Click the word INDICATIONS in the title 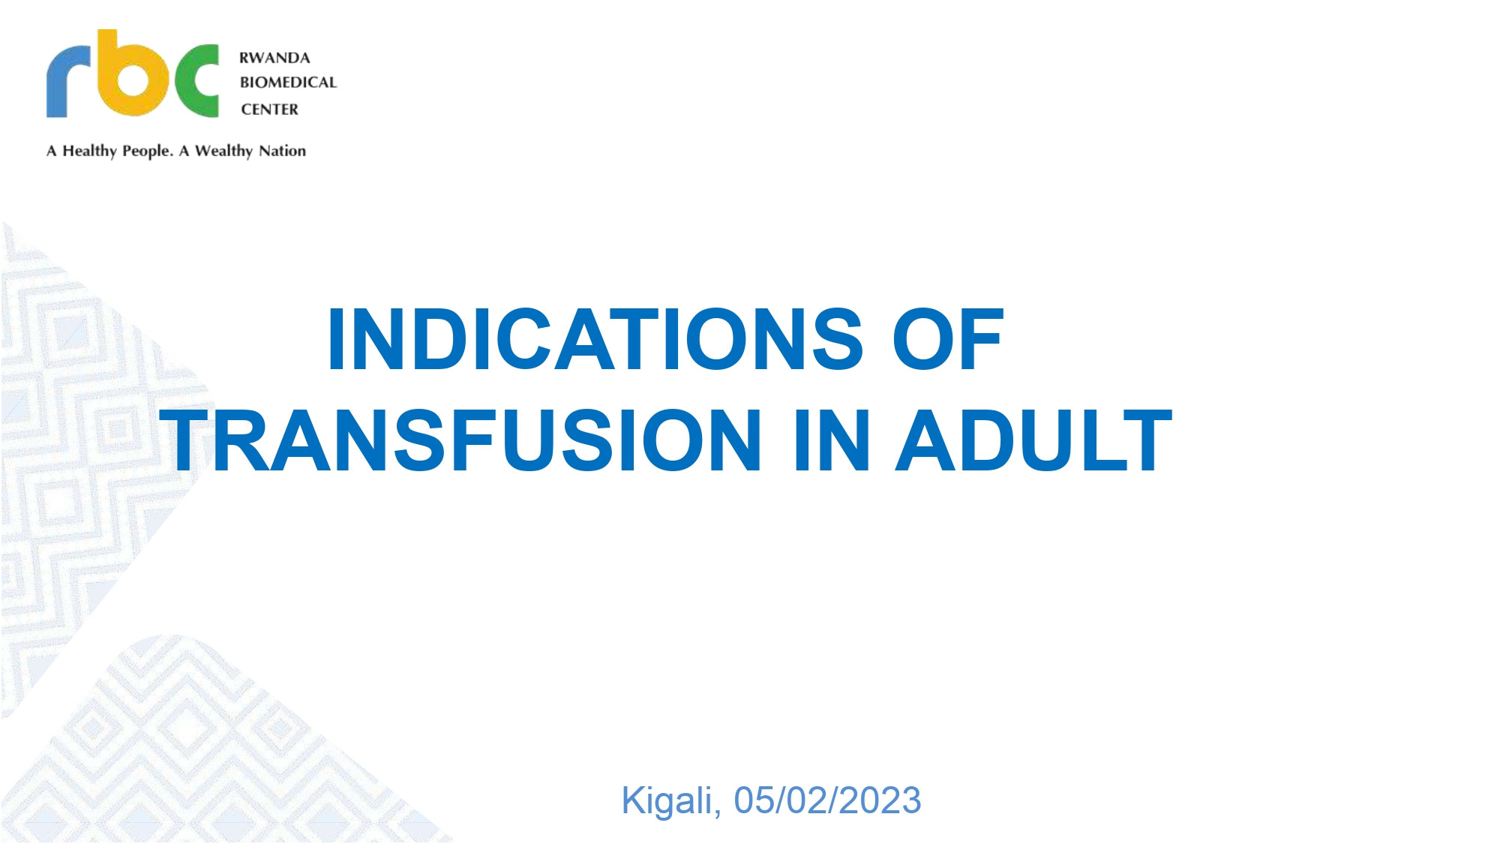click(595, 340)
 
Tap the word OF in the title click(948, 340)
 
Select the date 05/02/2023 click(827, 800)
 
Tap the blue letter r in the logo click(68, 80)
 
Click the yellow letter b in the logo click(132, 74)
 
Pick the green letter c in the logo click(196, 80)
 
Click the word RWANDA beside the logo click(274, 58)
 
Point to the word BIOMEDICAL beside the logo click(288, 83)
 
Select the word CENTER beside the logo click(269, 110)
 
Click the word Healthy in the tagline click(89, 151)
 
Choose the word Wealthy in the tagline click(223, 151)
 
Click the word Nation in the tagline click(282, 151)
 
